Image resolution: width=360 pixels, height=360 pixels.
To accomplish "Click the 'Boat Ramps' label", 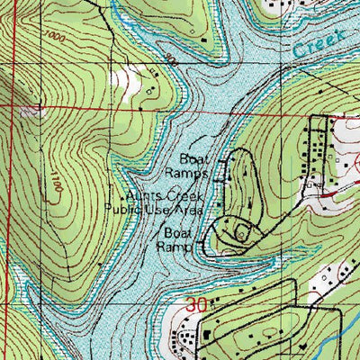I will tap(187, 161).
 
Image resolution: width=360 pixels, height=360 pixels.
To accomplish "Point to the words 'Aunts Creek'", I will tap(166, 195).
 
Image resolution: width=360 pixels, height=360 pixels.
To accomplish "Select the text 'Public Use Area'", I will tap(154, 209).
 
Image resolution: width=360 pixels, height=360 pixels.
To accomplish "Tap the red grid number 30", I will tap(197, 306).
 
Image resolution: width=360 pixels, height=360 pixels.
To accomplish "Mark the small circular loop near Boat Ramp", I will tap(242, 232).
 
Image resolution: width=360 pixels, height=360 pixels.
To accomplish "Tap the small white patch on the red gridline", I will tap(33, 112).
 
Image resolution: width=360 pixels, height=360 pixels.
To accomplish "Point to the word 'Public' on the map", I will tap(123, 209).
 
